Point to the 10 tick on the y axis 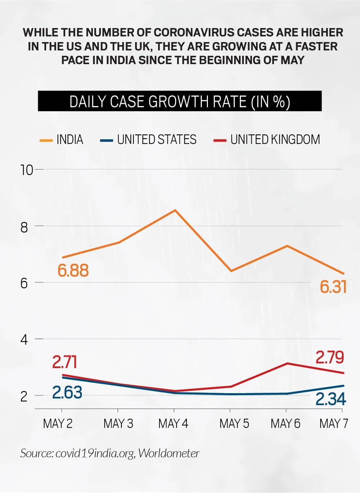point(27,170)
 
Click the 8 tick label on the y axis point(24,227)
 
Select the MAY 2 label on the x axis point(57,424)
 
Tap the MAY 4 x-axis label point(173,424)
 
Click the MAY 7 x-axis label point(333,424)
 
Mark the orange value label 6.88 point(73,270)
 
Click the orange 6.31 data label point(333,287)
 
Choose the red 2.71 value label point(65,362)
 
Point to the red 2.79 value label point(330,357)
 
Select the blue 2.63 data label point(67,392)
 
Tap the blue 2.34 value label point(331,399)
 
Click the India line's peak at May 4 point(175,210)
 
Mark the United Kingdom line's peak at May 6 point(287,363)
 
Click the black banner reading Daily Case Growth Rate point(179,101)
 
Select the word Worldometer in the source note point(169,453)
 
